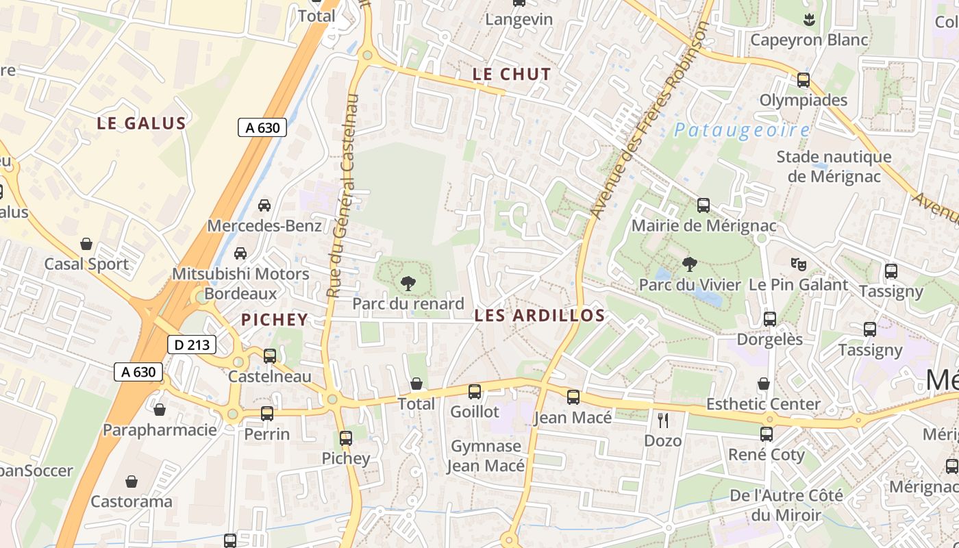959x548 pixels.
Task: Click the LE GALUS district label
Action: [141, 123]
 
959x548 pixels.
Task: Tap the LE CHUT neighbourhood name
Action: [512, 75]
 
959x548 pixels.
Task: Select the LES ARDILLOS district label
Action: [540, 316]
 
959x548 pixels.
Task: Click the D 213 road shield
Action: [192, 345]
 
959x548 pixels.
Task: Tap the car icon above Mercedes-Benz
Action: [264, 206]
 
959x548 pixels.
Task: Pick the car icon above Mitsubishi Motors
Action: [240, 253]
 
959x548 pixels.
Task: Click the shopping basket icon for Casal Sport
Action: [86, 244]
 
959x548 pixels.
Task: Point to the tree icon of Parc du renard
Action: [408, 282]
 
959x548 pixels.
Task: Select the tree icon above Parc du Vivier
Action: [690, 264]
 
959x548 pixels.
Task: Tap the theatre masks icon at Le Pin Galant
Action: [798, 264]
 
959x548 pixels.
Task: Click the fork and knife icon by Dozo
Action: [662, 420]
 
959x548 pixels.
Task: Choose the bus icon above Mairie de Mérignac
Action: [703, 206]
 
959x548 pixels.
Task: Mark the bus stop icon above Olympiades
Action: [804, 80]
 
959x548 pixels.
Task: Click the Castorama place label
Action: [132, 501]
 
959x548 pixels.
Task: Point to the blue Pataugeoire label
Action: [741, 130]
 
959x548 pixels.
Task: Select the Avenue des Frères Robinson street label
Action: [647, 120]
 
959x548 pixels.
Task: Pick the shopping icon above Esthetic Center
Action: [763, 384]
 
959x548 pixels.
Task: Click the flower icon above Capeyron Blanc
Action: [809, 19]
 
